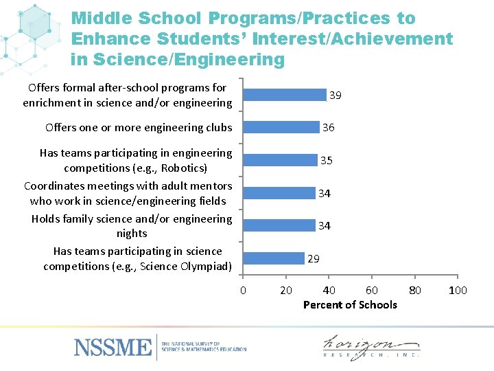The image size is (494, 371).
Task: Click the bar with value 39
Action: coord(285,95)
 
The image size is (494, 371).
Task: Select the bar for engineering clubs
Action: coord(282,127)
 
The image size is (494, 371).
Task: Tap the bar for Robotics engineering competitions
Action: coord(281,160)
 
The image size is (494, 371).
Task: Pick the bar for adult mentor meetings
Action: coord(279,193)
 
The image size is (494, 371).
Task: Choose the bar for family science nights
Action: coord(279,225)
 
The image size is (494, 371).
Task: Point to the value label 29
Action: coord(314,259)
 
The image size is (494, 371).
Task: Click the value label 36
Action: coord(329,128)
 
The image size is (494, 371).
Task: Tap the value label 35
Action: coord(327,161)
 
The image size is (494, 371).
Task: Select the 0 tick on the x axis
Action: coord(243,290)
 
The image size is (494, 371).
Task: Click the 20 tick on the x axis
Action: coord(286,290)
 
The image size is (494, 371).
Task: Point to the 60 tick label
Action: coord(371,290)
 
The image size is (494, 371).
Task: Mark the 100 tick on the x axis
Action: coord(458,290)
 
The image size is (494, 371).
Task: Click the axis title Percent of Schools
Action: coord(350,305)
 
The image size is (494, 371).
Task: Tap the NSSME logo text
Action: coord(113,346)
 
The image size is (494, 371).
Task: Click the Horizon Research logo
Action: coord(371,346)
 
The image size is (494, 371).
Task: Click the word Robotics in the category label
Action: coord(183,168)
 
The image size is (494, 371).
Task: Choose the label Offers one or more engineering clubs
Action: coord(139,128)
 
